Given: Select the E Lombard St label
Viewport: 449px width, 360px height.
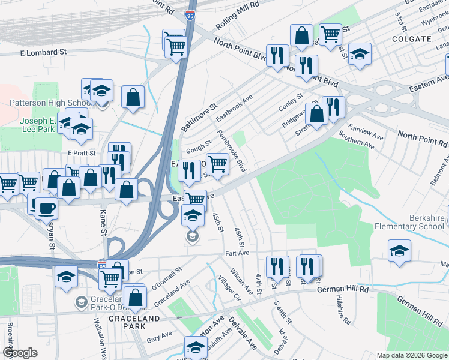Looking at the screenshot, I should (43, 53).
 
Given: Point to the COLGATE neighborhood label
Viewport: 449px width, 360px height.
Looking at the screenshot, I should (411, 38).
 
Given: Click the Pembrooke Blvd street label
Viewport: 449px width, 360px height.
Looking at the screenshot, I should (232, 151).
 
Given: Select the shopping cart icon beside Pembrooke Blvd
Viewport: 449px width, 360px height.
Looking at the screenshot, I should (217, 163).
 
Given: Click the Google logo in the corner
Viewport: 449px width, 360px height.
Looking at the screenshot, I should (20, 353).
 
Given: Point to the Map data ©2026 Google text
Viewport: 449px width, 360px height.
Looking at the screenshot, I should (411, 355).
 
